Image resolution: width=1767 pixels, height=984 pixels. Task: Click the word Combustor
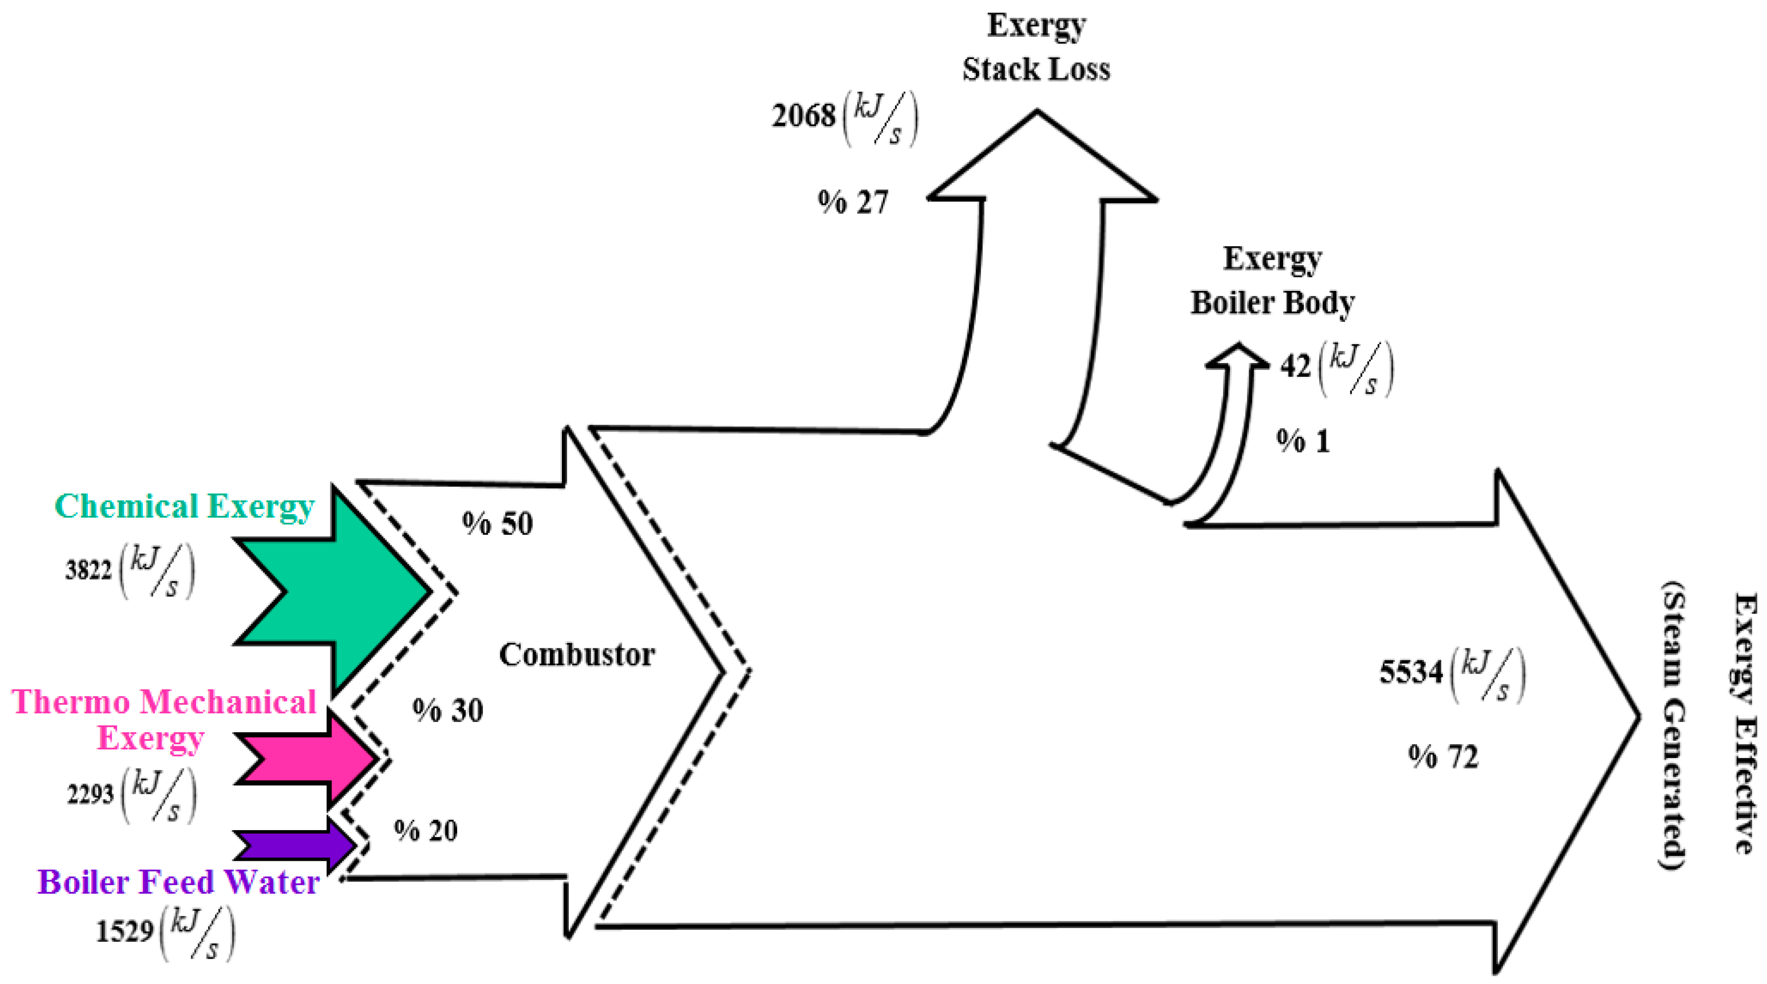[576, 655]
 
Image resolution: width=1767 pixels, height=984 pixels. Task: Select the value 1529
[124, 932]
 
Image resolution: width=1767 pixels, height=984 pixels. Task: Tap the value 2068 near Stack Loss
[803, 115]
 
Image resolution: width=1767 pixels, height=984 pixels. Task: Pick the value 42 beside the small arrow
[1295, 366]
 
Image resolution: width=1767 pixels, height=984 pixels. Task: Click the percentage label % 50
[497, 524]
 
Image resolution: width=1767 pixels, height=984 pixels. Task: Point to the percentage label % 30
[448, 710]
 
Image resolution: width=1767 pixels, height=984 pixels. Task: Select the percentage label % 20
[426, 831]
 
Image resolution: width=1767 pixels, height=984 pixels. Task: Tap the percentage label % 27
[853, 203]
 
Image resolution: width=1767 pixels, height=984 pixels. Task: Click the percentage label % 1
[1302, 441]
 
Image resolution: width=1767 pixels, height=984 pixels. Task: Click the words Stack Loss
[1036, 70]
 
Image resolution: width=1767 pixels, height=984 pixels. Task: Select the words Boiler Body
[1273, 303]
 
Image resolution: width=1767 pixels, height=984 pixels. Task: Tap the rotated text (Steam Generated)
[1673, 727]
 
